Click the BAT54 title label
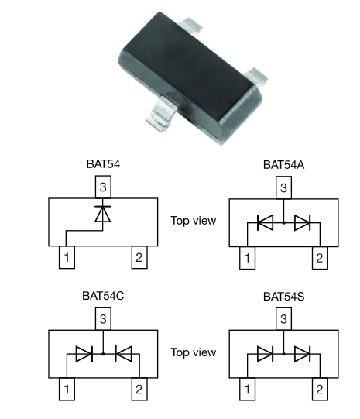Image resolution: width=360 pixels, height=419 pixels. pyautogui.click(x=103, y=164)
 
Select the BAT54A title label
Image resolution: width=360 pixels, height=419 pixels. pyautogui.click(x=283, y=165)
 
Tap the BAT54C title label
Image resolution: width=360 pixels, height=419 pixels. pyautogui.click(x=103, y=296)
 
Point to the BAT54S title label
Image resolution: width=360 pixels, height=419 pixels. pyautogui.click(x=283, y=297)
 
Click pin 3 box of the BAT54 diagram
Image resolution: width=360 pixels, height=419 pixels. pyautogui.click(x=103, y=187)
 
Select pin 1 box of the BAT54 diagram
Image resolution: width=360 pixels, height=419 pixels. pyautogui.click(x=67, y=257)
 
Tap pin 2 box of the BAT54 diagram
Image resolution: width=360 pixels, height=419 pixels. pyautogui.click(x=139, y=257)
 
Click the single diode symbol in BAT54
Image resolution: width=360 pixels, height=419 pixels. pyautogui.click(x=103, y=214)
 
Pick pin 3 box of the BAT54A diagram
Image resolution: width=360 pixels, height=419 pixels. pyautogui.click(x=283, y=187)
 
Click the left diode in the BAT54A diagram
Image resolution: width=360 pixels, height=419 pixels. pyautogui.click(x=265, y=222)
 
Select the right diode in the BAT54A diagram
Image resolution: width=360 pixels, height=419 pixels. pyautogui.click(x=302, y=222)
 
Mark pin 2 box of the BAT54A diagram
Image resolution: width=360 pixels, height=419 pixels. pyautogui.click(x=320, y=258)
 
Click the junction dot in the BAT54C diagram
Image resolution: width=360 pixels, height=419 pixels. pyautogui.click(x=103, y=354)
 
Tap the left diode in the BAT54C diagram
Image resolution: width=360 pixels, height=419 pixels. pyautogui.click(x=84, y=354)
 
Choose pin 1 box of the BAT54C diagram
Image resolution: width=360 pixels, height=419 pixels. pyautogui.click(x=67, y=389)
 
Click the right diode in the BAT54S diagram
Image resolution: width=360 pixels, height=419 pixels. pyautogui.click(x=302, y=354)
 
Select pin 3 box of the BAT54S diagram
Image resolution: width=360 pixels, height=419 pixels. pyautogui.click(x=283, y=318)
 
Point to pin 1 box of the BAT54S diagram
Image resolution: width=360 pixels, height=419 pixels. pyautogui.click(x=247, y=389)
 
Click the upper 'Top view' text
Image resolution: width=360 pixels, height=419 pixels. pyautogui.click(x=194, y=221)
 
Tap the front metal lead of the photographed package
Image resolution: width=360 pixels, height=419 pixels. pyautogui.click(x=162, y=115)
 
